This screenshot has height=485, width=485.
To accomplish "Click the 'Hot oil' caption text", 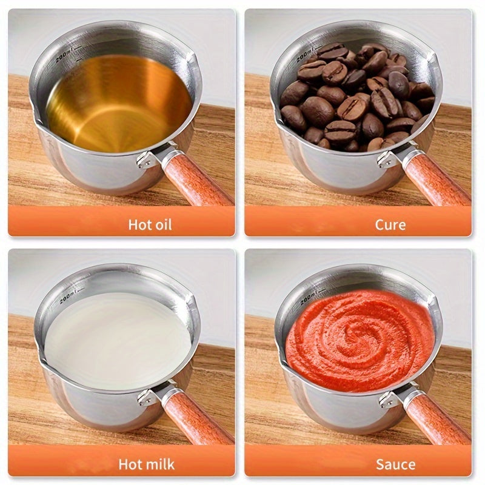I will [150, 224].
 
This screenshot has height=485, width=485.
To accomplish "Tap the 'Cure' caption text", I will [390, 224].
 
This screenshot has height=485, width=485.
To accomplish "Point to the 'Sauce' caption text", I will [395, 465].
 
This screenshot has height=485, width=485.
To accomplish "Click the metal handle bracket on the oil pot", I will [147, 158].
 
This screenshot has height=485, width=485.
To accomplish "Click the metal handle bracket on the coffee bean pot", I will [387, 158].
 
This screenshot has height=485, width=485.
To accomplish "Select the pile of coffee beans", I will [355, 97].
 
